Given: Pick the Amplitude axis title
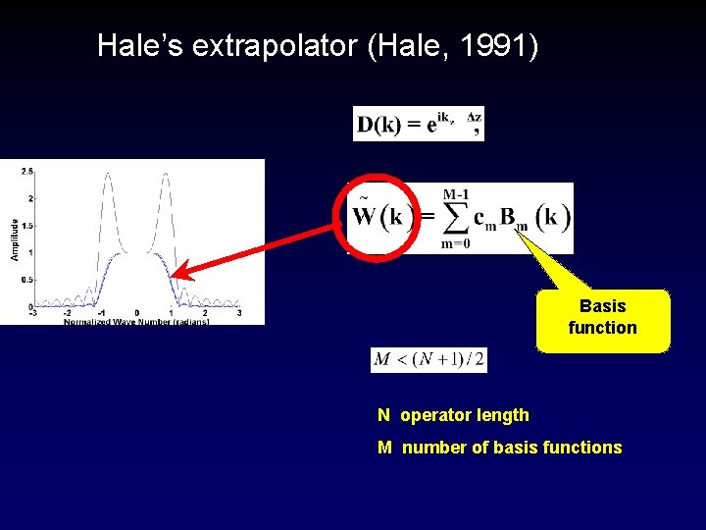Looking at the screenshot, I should (15, 239).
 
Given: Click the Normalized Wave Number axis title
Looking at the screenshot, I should (136, 322).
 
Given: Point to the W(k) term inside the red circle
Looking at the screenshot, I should (378, 216).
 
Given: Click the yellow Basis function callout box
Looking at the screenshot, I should (602, 318).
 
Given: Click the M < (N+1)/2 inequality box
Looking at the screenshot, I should (429, 359).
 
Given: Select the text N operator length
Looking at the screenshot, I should (453, 415).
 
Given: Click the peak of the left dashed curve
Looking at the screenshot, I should (105, 175).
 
